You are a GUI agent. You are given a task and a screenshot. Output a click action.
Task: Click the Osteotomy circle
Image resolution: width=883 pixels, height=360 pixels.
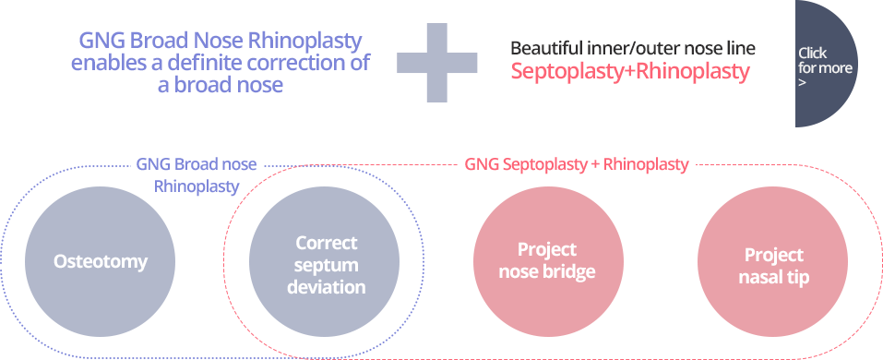click(100, 261)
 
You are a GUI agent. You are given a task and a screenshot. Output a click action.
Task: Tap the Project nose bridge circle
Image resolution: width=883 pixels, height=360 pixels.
click(547, 260)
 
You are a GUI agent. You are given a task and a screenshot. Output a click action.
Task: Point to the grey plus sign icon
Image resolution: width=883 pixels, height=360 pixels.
click(437, 63)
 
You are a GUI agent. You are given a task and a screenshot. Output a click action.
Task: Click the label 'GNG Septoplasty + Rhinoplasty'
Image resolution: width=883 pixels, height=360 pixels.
click(577, 165)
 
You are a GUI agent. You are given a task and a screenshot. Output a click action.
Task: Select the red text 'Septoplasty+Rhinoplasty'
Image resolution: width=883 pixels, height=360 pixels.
click(629, 72)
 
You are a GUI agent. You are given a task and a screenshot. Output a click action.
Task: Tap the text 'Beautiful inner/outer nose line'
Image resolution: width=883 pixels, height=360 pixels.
click(632, 48)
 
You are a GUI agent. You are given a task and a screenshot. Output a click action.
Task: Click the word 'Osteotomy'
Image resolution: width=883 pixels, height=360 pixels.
click(100, 261)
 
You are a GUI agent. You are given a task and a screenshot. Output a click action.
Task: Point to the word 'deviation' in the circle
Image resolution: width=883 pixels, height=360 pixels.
click(326, 287)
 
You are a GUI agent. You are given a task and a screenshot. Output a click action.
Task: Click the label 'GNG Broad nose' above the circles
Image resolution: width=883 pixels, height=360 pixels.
click(197, 165)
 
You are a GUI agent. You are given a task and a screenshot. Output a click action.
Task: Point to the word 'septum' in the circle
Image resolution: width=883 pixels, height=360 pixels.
click(326, 265)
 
